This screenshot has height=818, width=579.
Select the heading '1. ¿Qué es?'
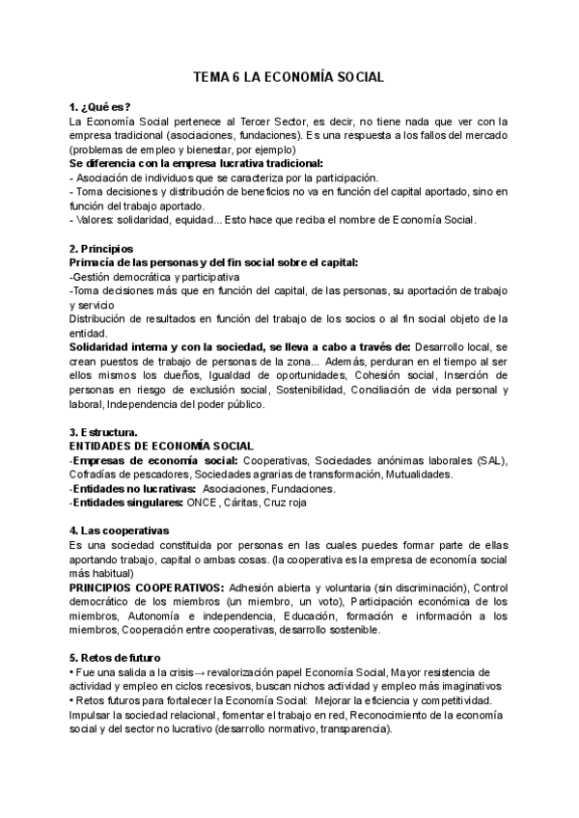pyautogui.click(x=96, y=106)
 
